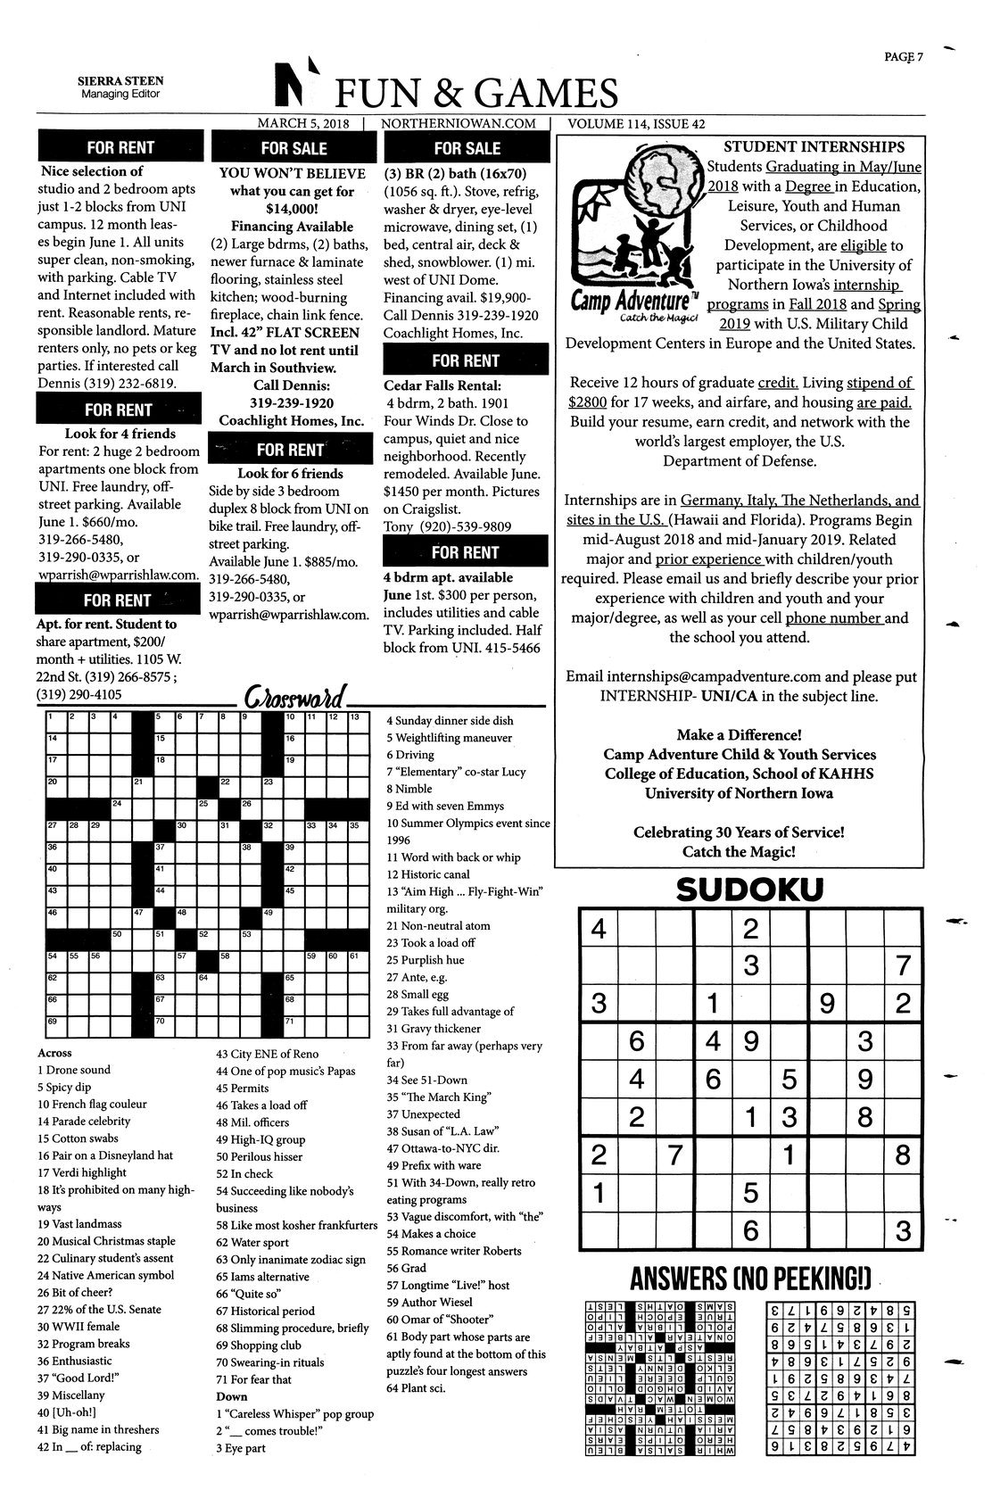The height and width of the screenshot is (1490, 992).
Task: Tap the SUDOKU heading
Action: coord(749,890)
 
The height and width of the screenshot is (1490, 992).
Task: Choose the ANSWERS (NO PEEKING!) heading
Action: coord(749,1279)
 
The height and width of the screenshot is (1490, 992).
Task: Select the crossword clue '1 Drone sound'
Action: coord(75,1070)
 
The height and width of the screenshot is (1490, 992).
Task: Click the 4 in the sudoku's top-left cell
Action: coord(599,930)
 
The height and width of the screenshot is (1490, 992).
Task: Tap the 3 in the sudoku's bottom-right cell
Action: coord(903,1230)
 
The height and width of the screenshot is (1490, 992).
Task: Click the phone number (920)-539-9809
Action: coord(459,526)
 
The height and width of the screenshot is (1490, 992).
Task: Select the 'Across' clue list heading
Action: coord(54,1053)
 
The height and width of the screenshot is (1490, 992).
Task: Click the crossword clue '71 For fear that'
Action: coord(253,1379)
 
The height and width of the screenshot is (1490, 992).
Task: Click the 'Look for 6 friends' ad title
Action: coord(290,473)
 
